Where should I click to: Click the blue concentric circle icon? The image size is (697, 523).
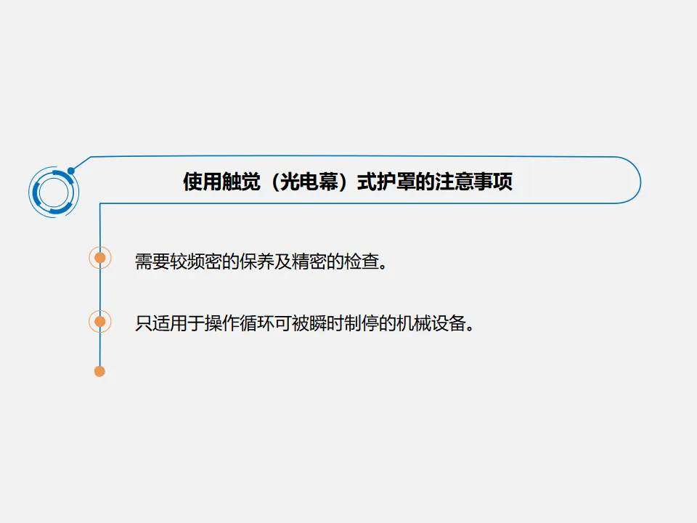coord(54,192)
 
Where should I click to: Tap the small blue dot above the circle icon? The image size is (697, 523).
coord(70,171)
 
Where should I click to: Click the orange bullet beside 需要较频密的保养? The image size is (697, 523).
coord(100,257)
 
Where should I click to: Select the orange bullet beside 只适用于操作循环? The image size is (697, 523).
coord(100,321)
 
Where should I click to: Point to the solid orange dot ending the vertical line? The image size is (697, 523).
coord(100,371)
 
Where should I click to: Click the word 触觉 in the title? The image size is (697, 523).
coord(235,182)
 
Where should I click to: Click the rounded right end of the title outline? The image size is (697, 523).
coord(640,181)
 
